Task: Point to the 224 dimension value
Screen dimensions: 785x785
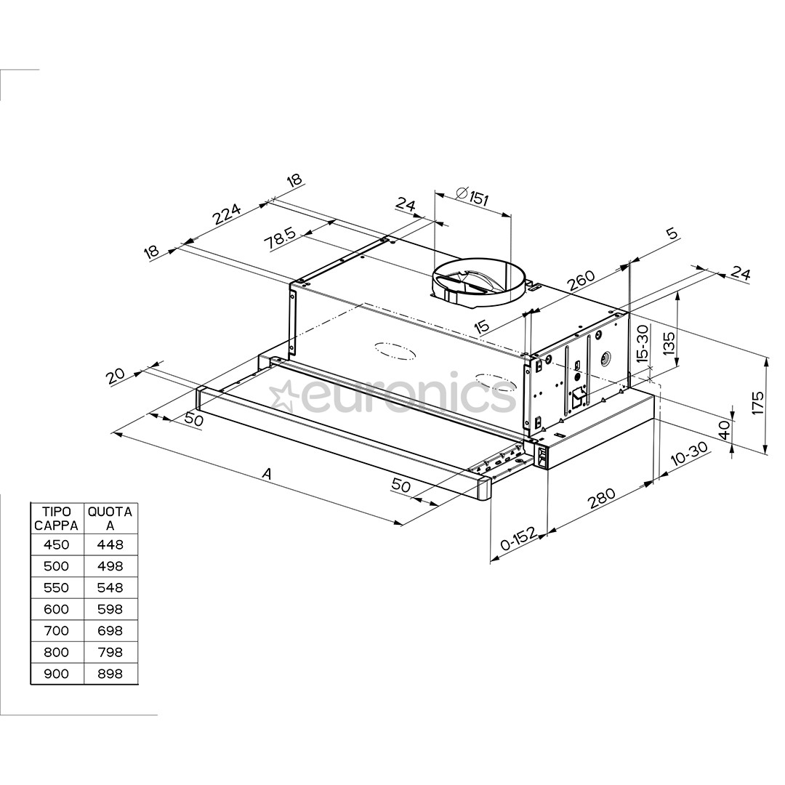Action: point(226,214)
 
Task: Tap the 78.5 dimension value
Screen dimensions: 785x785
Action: point(281,238)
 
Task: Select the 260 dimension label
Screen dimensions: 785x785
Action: point(581,281)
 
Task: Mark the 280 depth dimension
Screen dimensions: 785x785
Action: point(602,498)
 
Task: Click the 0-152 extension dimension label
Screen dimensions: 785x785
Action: point(519,542)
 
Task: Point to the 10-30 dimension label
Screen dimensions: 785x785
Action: point(688,455)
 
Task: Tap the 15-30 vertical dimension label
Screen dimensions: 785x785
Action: point(641,344)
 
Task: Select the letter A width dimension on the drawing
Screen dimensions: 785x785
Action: point(267,474)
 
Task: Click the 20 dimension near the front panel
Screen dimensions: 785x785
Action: point(116,377)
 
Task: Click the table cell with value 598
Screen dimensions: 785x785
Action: point(110,609)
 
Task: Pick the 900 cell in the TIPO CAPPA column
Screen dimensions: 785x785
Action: point(57,674)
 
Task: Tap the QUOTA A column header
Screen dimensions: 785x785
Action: point(110,518)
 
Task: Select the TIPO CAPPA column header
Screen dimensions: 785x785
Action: point(57,518)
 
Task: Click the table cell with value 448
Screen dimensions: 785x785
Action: point(110,544)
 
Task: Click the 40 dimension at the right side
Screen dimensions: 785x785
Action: point(722,430)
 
